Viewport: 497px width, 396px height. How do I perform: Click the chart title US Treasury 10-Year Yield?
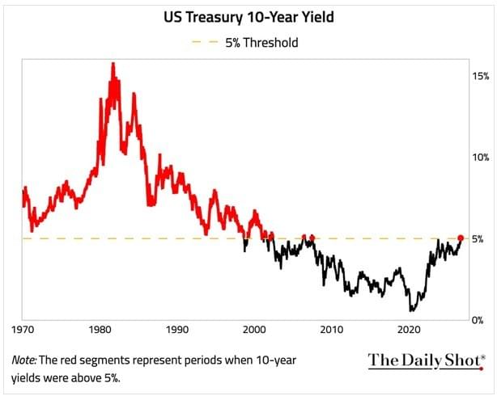point(248,17)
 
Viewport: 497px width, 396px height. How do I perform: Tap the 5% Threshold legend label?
point(261,42)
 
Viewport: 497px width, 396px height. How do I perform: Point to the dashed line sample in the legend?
point(206,42)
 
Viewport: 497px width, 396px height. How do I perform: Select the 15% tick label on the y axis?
point(481,76)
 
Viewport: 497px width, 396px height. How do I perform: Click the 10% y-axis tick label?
point(481,158)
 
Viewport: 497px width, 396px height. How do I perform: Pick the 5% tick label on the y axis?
point(478,239)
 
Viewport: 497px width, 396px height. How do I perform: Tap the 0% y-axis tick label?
point(478,320)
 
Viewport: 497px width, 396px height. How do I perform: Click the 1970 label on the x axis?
point(23,330)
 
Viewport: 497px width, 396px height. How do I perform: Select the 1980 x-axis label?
point(100,330)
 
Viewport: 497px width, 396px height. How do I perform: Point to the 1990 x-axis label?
point(177,330)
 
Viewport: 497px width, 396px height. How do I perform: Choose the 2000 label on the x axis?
point(254,330)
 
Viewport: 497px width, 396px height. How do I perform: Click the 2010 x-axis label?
point(332,330)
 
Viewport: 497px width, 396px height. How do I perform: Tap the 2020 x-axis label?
point(410,330)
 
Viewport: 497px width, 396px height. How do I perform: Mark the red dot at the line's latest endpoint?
point(461,238)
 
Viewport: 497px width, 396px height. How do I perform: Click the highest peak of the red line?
point(113,64)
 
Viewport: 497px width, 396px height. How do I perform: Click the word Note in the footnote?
point(23,360)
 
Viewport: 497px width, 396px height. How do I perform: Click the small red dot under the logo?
point(482,369)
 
